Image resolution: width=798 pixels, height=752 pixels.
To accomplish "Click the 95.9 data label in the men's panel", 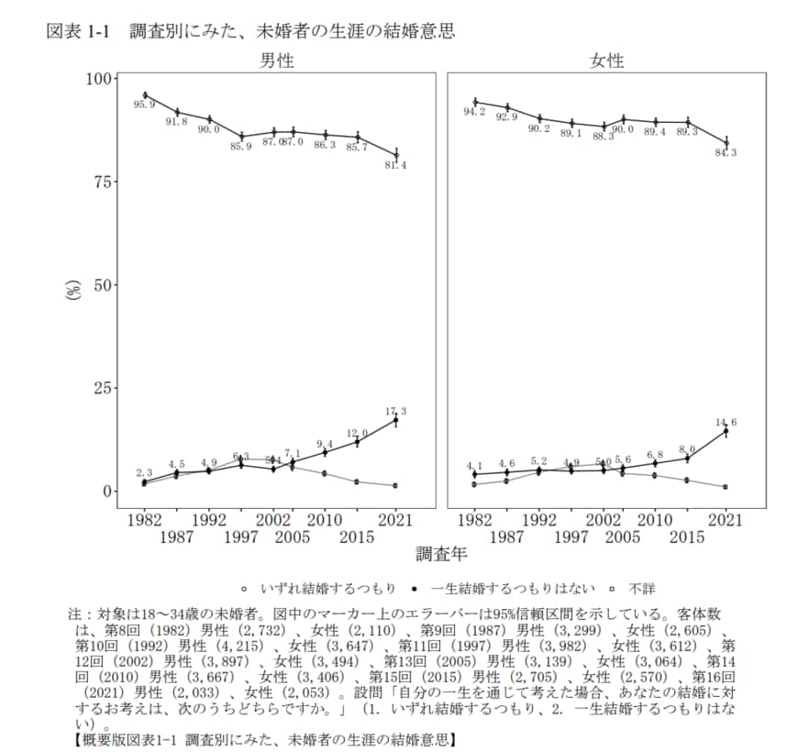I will click(144, 105).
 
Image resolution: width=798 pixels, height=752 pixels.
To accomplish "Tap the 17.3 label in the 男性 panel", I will click(396, 412).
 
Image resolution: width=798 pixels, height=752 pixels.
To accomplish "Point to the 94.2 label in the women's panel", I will click(474, 112).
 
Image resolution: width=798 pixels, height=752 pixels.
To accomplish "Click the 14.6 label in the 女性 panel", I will click(726, 422).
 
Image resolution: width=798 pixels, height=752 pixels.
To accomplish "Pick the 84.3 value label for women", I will click(726, 152).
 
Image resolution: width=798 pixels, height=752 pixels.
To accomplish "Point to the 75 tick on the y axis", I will click(104, 182).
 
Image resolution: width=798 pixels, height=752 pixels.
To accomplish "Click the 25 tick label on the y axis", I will click(104, 388).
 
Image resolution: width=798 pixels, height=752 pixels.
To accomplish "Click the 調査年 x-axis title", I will click(441, 554).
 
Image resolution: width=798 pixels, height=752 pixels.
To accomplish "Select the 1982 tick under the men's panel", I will click(144, 520).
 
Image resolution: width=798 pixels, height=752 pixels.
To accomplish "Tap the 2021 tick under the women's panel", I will click(726, 520).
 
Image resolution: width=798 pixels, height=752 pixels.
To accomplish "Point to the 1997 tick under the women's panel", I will click(571, 536).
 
